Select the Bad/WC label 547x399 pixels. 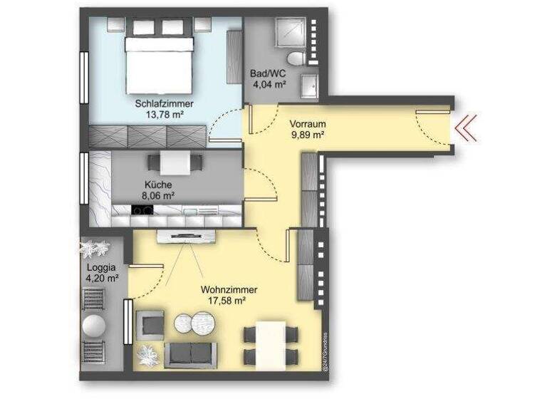pyautogui.click(x=268, y=74)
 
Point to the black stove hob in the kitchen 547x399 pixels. pyautogui.click(x=143, y=210)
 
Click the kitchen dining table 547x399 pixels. pyautogui.click(x=173, y=163)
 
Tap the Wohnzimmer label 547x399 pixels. pyautogui.click(x=229, y=290)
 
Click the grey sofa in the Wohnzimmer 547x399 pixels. pyautogui.click(x=191, y=354)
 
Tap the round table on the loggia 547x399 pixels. pyautogui.click(x=94, y=326)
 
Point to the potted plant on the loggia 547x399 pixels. pyautogui.click(x=94, y=249)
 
